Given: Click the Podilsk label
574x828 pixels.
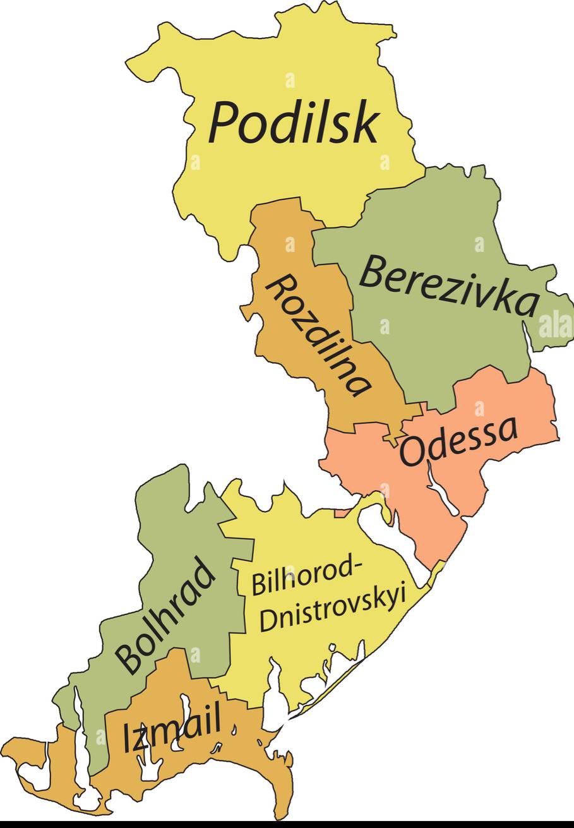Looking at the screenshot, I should (294, 123).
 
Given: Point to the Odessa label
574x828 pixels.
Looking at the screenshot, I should (459, 440).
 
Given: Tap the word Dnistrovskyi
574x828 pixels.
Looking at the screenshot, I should (332, 609).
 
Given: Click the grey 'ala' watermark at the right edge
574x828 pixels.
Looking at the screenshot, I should (555, 325).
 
